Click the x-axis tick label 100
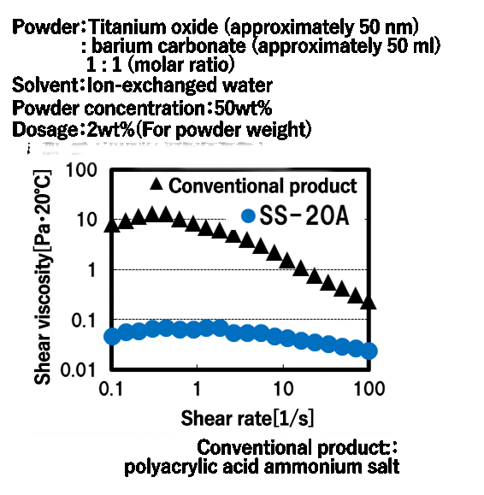tap(369, 389)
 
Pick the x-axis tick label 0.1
tap(110, 389)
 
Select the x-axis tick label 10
tap(283, 389)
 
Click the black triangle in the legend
tap(156, 185)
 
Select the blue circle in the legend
tap(249, 217)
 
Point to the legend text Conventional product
tap(263, 186)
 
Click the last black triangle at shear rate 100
tap(369, 302)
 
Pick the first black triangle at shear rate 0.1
tap(111, 226)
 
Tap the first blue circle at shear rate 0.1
tap(112, 336)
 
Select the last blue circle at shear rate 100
tap(369, 351)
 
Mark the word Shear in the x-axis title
tap(202, 419)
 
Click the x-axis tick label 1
tap(198, 389)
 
